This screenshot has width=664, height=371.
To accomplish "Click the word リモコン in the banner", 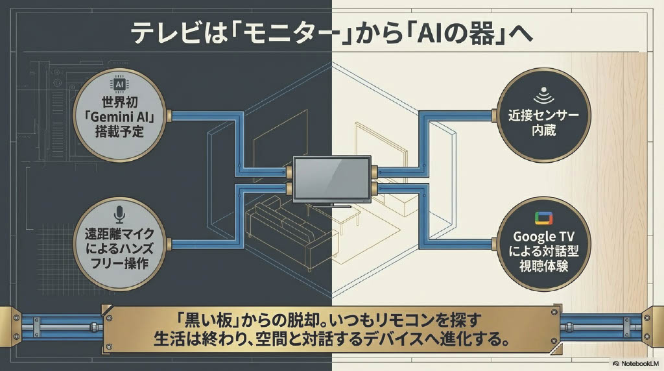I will click(x=407, y=320).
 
